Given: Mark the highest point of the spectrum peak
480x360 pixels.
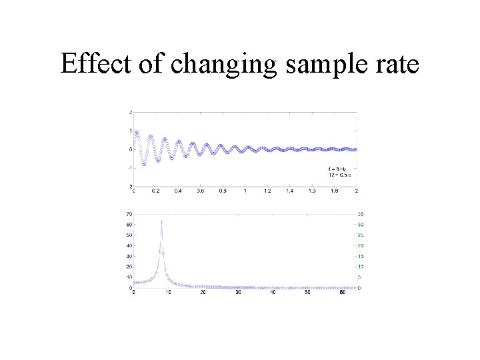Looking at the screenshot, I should click(x=161, y=221).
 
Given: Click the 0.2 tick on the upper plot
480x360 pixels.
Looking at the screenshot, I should click(x=155, y=191).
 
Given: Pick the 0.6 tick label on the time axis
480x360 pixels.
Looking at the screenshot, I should click(x=200, y=191).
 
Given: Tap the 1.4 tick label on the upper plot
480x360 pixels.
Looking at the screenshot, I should click(x=289, y=191).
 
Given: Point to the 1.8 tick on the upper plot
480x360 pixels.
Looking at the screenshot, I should click(x=334, y=191).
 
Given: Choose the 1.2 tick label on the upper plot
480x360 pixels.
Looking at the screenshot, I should click(x=267, y=191).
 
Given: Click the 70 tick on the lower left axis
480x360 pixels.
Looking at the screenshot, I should click(x=128, y=214).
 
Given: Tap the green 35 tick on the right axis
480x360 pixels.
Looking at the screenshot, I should click(x=360, y=214).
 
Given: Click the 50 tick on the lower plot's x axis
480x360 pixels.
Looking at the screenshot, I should click(x=307, y=293).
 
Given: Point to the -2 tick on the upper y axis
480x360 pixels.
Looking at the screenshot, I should click(x=129, y=186).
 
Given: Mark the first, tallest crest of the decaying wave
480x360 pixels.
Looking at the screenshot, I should click(x=137, y=132).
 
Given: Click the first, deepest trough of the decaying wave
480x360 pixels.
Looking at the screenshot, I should click(x=143, y=164).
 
